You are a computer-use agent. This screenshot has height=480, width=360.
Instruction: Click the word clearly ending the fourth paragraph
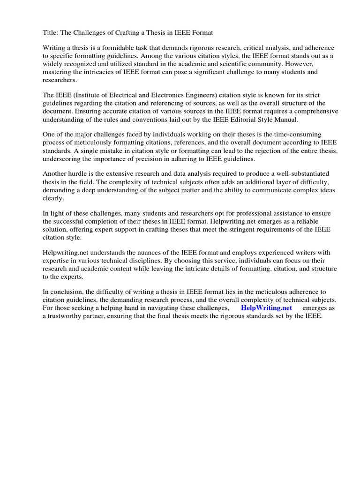(54, 198)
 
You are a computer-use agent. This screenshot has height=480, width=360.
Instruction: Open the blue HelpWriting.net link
(266, 308)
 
